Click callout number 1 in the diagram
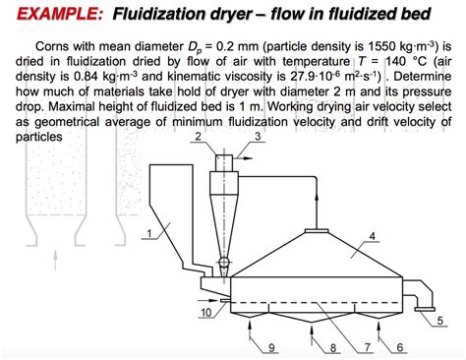point(149,233)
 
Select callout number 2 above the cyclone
point(200,136)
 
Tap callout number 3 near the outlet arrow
point(259,136)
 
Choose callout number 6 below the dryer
point(398,346)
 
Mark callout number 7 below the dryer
point(368,346)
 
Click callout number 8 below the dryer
point(333,346)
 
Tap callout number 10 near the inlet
point(204,313)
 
